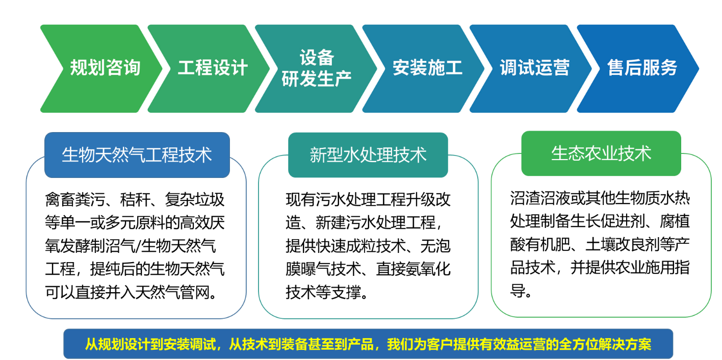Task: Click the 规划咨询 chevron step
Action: pos(102,68)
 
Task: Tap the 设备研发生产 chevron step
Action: pos(316,68)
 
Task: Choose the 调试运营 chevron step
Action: pos(533,68)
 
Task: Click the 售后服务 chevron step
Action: pos(640,68)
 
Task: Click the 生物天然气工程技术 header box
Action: pos(137,155)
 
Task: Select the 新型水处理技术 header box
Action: pos(368,155)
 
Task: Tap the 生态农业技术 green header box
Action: pos(601,153)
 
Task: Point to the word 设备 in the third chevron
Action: pos(317,58)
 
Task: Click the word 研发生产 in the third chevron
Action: pos(317,79)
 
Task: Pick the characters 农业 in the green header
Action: pos(601,153)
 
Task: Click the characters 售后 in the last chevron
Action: pos(625,68)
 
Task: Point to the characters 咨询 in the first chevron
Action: pos(123,68)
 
